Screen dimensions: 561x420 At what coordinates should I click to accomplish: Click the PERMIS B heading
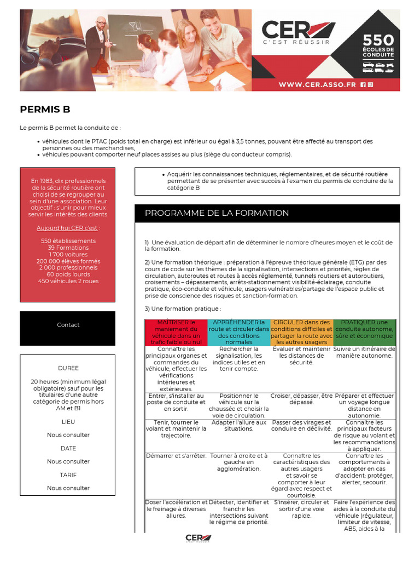pos(45,109)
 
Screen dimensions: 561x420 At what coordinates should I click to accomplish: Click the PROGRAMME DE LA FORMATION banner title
pos(217,213)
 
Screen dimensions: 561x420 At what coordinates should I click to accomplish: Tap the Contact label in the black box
pos(68,325)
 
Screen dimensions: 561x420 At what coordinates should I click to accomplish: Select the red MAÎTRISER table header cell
pos(176,332)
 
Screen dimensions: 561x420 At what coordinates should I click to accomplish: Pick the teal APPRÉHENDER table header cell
pos(238,332)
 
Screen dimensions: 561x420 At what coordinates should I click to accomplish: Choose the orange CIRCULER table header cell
pos(301,332)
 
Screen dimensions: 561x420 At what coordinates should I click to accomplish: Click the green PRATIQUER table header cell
pos(364,329)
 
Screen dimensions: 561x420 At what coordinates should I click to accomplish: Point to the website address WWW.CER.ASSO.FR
pos(317,85)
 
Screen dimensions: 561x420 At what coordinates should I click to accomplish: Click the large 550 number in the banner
pos(378,40)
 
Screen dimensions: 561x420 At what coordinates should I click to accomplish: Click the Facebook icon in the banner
pos(363,85)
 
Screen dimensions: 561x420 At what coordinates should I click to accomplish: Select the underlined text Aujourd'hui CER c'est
pos(68,227)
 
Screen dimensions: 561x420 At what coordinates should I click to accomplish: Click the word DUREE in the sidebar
pos(68,368)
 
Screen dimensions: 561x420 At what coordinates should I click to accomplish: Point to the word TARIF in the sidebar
pos(68,474)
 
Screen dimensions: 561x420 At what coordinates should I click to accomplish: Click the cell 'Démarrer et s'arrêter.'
pos(176,456)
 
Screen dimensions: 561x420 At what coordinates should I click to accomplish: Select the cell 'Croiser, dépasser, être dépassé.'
pos(301,399)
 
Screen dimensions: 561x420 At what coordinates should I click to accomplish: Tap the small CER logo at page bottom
pos(198,538)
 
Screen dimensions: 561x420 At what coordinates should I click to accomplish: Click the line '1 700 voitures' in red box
pos(68,254)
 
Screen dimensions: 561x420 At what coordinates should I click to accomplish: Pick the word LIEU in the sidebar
pos(68,422)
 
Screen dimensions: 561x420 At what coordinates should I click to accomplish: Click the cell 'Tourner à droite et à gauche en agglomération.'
pos(238,462)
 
